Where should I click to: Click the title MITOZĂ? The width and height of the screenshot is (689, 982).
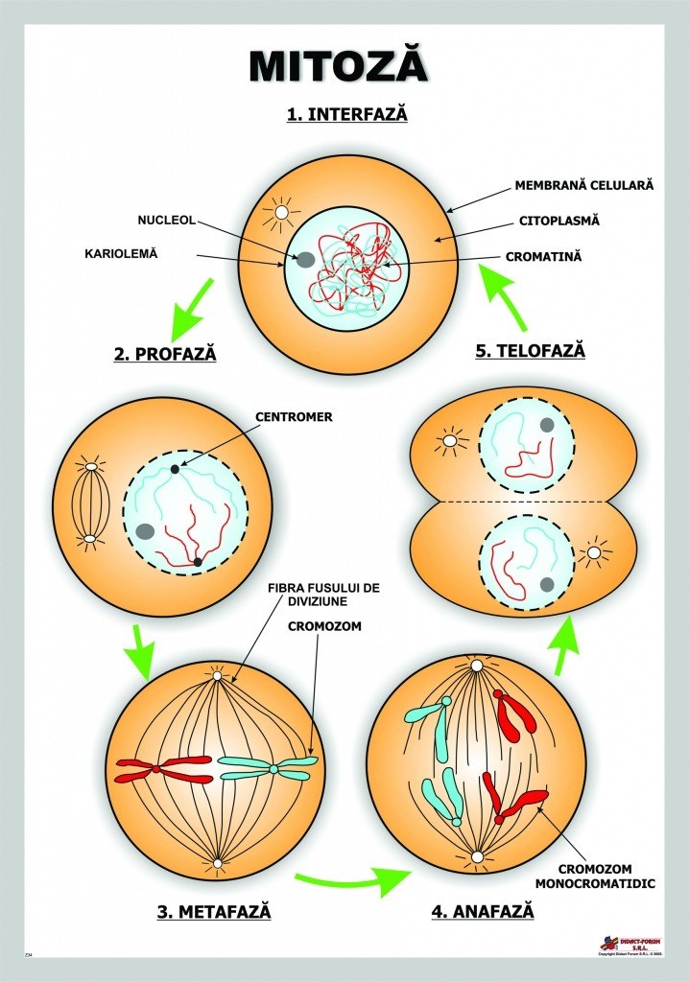click(339, 66)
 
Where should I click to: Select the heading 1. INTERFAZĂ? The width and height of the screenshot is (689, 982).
click(346, 114)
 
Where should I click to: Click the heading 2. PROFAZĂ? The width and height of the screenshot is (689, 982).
click(165, 354)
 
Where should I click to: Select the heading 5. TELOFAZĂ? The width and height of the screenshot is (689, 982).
click(530, 351)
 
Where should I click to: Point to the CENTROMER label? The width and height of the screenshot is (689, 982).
click(294, 417)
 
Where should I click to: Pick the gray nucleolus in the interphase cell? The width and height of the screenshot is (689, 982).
click(305, 260)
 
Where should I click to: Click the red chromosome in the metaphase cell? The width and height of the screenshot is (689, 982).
click(164, 766)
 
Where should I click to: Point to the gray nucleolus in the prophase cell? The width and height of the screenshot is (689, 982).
click(145, 531)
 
